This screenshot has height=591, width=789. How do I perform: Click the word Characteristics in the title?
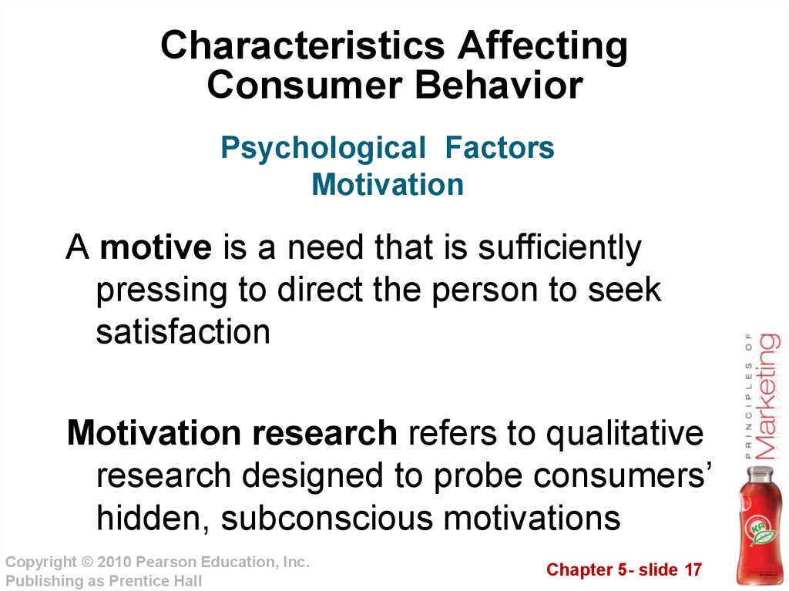pos(303,45)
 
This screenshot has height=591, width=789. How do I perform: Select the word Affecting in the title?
pos(542,47)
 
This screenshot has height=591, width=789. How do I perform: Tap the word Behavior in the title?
pos(499,85)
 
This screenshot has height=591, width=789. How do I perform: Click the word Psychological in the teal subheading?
pos(323,149)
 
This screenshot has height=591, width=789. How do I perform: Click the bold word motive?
pos(156,247)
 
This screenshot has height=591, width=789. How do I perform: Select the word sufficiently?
pos(559,248)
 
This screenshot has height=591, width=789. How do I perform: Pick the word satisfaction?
pos(183,331)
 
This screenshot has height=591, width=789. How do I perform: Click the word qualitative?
pos(624,435)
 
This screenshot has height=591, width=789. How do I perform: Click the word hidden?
pos(152,519)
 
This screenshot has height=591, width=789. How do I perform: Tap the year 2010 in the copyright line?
pos(114,562)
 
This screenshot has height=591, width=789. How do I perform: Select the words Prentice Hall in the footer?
pos(156,581)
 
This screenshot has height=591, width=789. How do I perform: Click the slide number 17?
pos(693,570)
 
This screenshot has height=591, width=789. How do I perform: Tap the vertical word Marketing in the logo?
pos(768,396)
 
